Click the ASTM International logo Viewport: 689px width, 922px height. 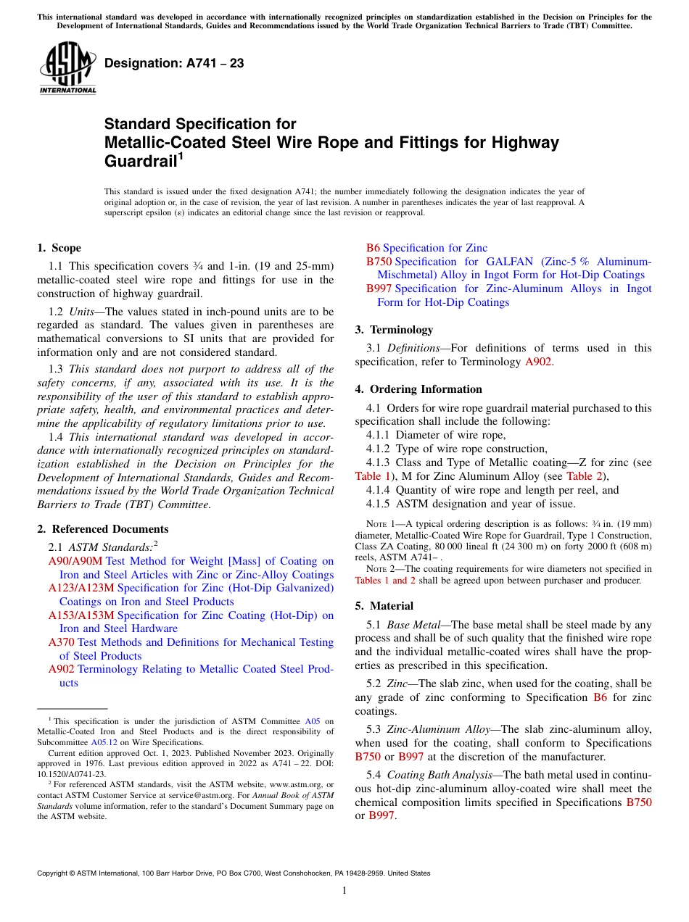pos(67,68)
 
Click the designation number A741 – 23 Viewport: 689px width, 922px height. pos(174,63)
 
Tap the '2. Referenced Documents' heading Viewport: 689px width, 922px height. pos(103,529)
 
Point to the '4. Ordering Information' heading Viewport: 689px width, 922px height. pos(418,389)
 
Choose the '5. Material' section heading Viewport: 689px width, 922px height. pos(384,606)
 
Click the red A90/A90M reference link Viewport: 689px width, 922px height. pos(75,561)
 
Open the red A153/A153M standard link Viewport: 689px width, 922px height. pos(81,615)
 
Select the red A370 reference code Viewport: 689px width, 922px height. pos(62,642)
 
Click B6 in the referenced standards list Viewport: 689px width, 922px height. pos(373,248)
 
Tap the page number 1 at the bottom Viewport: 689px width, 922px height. pos(344,891)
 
